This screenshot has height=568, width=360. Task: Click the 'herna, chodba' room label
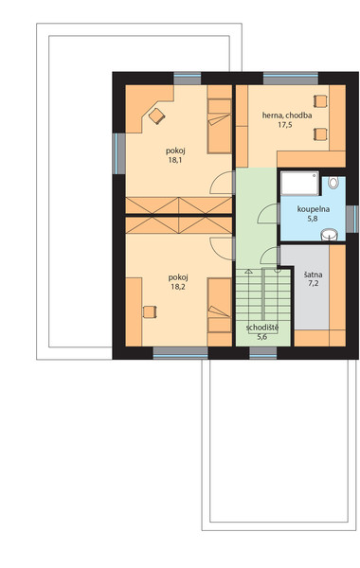tap(287, 115)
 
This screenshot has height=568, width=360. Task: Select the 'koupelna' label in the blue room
tap(313, 209)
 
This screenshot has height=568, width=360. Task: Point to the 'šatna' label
tap(314, 275)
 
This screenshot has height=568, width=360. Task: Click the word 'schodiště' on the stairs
tap(262, 328)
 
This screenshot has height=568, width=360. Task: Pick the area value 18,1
tap(175, 160)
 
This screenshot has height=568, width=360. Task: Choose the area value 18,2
tap(178, 287)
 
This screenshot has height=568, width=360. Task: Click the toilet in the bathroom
tap(333, 182)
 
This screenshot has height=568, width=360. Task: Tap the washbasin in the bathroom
tap(330, 235)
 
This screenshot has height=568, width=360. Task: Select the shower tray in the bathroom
tap(299, 184)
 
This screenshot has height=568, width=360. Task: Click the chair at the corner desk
tap(156, 115)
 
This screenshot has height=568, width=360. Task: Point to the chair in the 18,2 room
tap(150, 311)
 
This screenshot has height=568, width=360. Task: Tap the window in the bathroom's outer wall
tap(352, 219)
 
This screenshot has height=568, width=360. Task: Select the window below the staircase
tap(263, 353)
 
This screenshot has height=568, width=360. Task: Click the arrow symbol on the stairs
tap(248, 272)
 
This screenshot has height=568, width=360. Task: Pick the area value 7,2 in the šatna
tap(314, 284)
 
